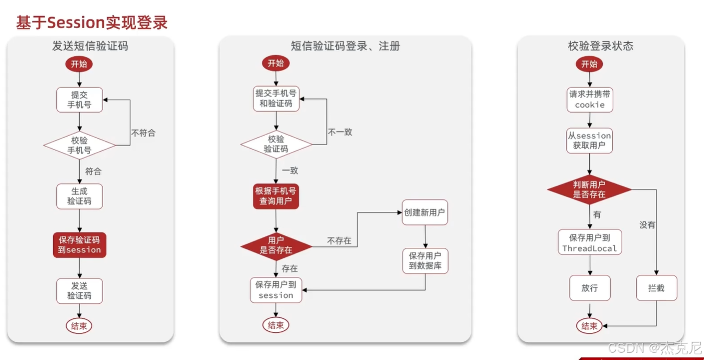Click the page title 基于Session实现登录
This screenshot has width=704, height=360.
coord(92,22)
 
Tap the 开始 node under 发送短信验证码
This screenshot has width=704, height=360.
coord(79,64)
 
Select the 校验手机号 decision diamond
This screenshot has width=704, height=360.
coord(79,146)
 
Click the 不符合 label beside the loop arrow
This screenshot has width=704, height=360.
coord(143,133)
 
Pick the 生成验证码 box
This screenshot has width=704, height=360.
coord(79,196)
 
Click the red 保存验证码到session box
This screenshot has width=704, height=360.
coord(79,245)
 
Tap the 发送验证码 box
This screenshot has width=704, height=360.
coord(79,291)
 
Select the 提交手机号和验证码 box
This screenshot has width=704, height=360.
coord(276,99)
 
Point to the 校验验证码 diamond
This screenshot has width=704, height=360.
coord(276,145)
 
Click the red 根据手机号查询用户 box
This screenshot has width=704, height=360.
coord(276,196)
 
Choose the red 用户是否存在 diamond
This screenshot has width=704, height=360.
coord(276,245)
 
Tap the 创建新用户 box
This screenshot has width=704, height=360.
coord(424,212)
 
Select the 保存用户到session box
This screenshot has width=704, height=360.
coord(276,290)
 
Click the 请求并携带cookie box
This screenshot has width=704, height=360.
coord(590,99)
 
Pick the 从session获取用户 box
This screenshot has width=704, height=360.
coord(589,140)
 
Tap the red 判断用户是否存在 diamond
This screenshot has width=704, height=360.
coord(589,189)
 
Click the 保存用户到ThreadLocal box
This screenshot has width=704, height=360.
coord(589,243)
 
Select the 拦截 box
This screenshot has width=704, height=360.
coord(657,287)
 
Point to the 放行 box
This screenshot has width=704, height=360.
coord(589,287)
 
